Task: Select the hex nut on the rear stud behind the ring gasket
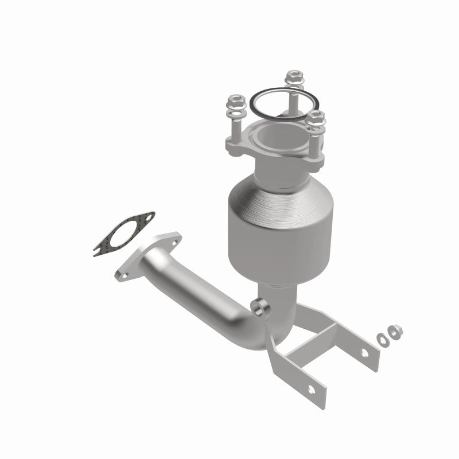click(294, 76)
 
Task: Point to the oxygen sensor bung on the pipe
click(261, 308)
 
